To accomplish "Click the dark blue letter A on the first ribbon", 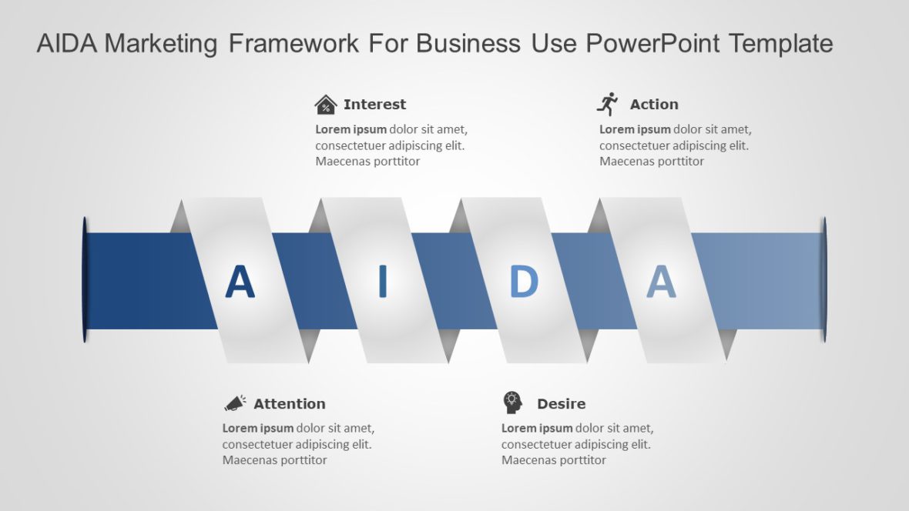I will (x=240, y=282).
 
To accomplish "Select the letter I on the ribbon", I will (x=382, y=282).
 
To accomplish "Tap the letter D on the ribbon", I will (x=524, y=282).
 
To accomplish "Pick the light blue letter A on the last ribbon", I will (x=661, y=282).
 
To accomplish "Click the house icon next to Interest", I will (x=326, y=105).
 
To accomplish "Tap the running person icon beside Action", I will (x=608, y=104).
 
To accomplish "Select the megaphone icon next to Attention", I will (x=235, y=403).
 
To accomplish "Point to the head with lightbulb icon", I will (x=512, y=402).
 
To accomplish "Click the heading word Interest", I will (x=374, y=105).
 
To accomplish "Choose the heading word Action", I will (x=654, y=105).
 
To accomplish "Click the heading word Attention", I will (x=289, y=404).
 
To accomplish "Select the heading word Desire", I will (x=561, y=404).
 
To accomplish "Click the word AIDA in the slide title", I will (x=66, y=44).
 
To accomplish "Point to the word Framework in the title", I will (x=293, y=44).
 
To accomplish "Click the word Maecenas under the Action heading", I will (x=628, y=162).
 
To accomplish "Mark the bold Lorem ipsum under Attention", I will (x=257, y=428).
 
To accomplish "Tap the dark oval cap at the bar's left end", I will (x=85, y=280).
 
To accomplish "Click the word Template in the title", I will (x=780, y=44).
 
